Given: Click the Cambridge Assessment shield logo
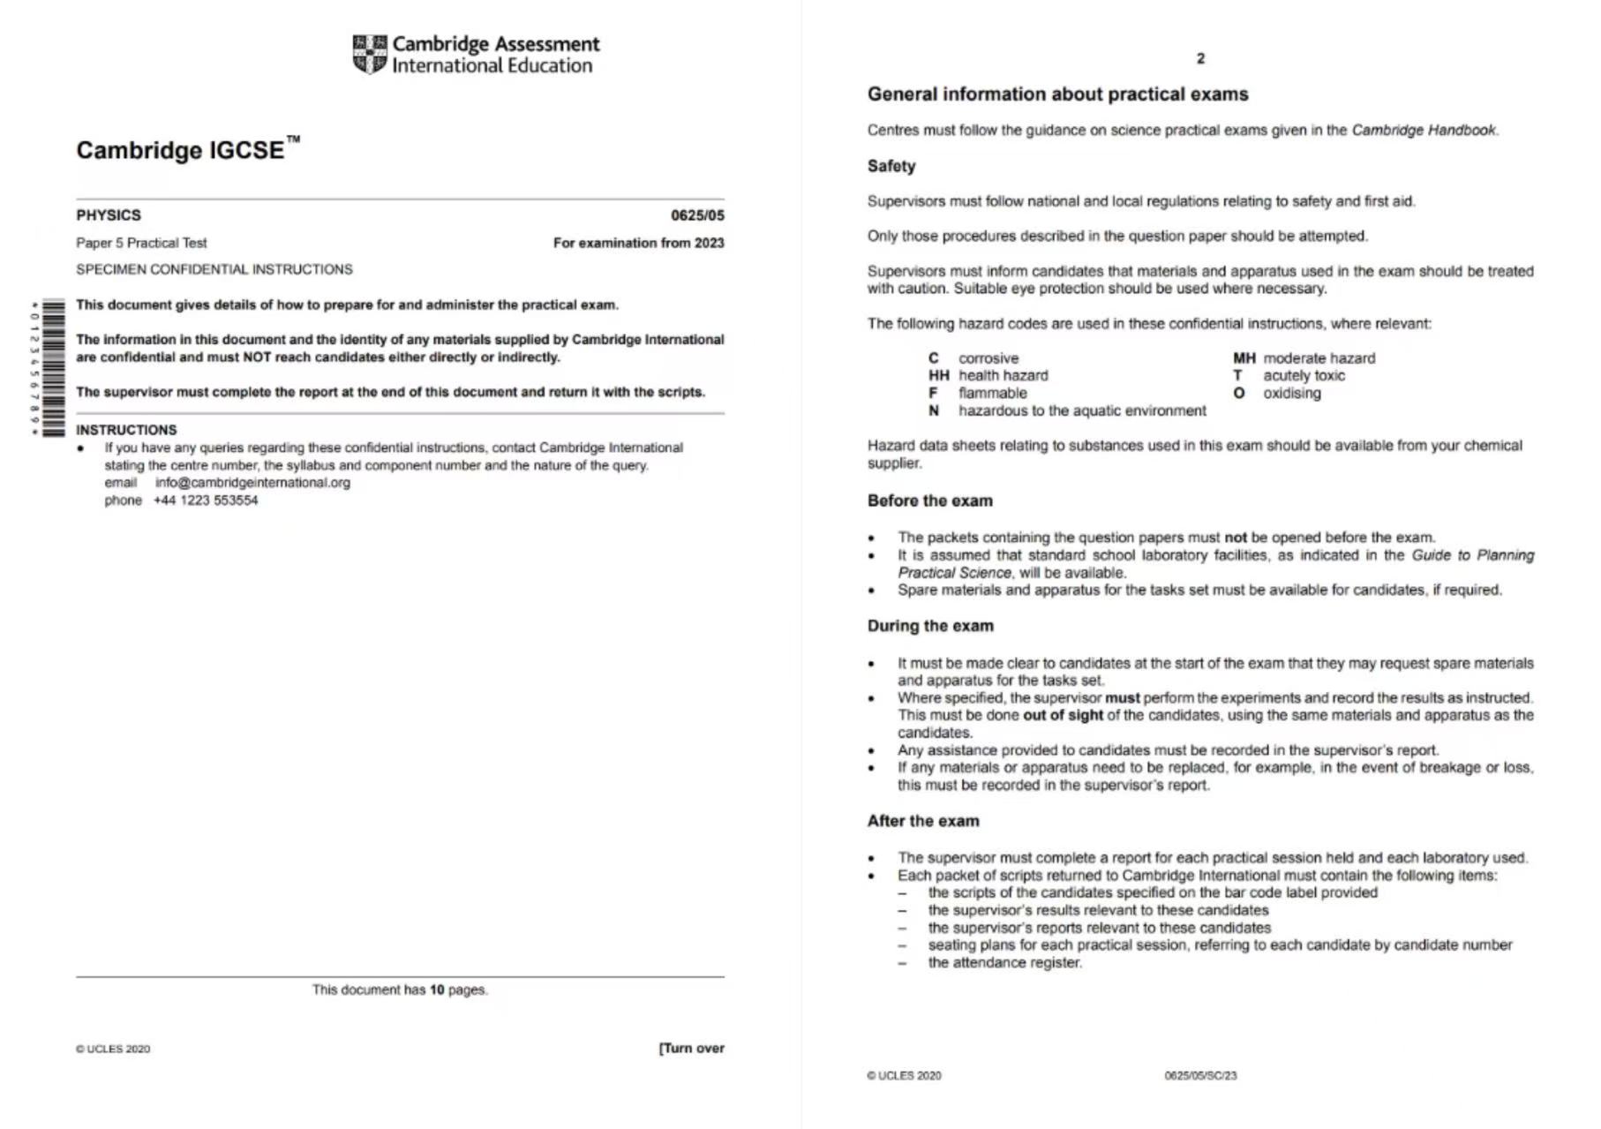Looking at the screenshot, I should [x=369, y=55].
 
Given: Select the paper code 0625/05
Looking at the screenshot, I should [x=696, y=215].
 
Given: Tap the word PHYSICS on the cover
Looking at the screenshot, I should [x=109, y=215].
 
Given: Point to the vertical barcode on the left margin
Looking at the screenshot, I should [x=52, y=368].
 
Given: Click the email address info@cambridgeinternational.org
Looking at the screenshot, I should [x=252, y=483].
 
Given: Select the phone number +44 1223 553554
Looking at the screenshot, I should [x=206, y=501].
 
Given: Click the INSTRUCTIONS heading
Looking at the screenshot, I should [x=126, y=430].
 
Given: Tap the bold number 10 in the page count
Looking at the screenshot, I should [x=437, y=990].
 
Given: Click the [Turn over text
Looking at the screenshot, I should [x=691, y=1049].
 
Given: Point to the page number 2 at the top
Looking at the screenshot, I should [x=1200, y=59].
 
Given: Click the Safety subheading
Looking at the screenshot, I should [x=891, y=166].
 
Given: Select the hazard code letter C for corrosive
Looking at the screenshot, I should [x=933, y=358].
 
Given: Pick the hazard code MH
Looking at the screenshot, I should [x=1244, y=358].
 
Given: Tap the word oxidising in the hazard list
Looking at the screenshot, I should [x=1291, y=394].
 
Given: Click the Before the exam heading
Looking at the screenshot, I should [x=929, y=501].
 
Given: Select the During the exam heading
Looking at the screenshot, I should [x=930, y=626].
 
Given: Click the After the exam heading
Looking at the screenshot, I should [x=922, y=821].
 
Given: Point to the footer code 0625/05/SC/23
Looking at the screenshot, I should [x=1200, y=1076].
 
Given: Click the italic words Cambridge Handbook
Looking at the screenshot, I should [x=1424, y=131].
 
